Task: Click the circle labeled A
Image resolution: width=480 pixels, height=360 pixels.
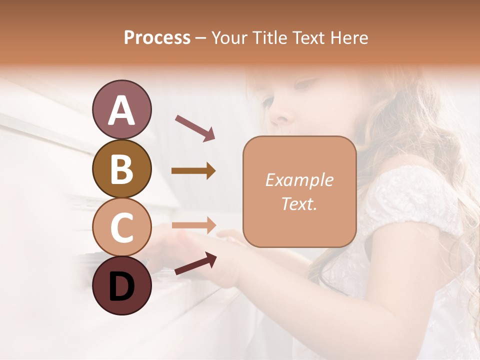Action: (x=121, y=109)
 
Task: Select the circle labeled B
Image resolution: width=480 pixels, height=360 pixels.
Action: (x=121, y=168)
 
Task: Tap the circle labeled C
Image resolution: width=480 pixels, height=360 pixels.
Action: (x=121, y=227)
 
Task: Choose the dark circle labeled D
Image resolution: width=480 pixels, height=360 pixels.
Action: (x=121, y=285)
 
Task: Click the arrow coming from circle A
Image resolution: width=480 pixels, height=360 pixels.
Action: (x=195, y=127)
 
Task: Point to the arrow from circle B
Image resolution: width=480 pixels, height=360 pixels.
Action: (x=193, y=171)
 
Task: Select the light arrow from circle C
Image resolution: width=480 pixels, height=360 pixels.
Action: (x=194, y=225)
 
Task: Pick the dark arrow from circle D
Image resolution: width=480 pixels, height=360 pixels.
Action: (x=195, y=263)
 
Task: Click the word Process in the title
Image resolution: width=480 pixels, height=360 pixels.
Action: (x=157, y=37)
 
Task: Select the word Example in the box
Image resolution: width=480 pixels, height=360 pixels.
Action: (x=299, y=180)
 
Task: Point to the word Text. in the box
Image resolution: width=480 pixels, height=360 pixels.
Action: (x=299, y=203)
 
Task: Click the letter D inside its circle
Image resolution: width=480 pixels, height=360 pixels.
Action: (x=121, y=287)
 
